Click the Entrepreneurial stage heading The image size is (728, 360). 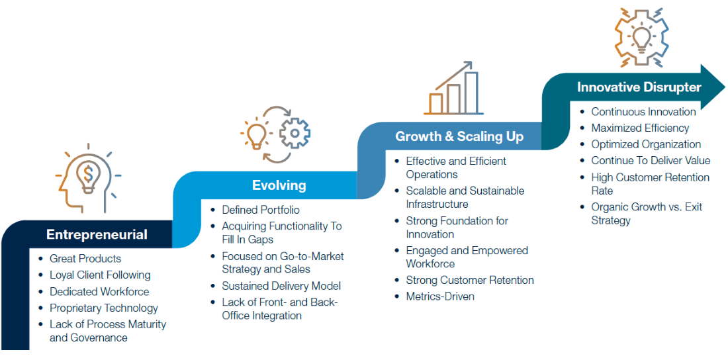point(97,235)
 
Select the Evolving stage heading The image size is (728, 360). point(279,185)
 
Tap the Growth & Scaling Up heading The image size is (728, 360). point(459,137)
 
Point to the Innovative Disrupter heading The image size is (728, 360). point(639,87)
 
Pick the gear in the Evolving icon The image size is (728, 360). point(295,134)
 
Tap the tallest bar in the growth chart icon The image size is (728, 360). point(471,93)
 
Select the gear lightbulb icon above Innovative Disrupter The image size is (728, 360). point(641,37)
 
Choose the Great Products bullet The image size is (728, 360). point(85,259)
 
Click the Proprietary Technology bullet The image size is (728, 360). point(104,308)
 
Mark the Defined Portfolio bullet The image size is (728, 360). point(261,210)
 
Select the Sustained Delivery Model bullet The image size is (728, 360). point(281,286)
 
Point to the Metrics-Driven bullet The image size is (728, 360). point(440,296)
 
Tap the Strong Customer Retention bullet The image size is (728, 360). point(470,280)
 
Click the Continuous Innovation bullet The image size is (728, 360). point(643,112)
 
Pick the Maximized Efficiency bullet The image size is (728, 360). point(640,128)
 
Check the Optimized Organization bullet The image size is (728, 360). point(646,144)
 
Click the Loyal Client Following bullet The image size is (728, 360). point(100,275)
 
